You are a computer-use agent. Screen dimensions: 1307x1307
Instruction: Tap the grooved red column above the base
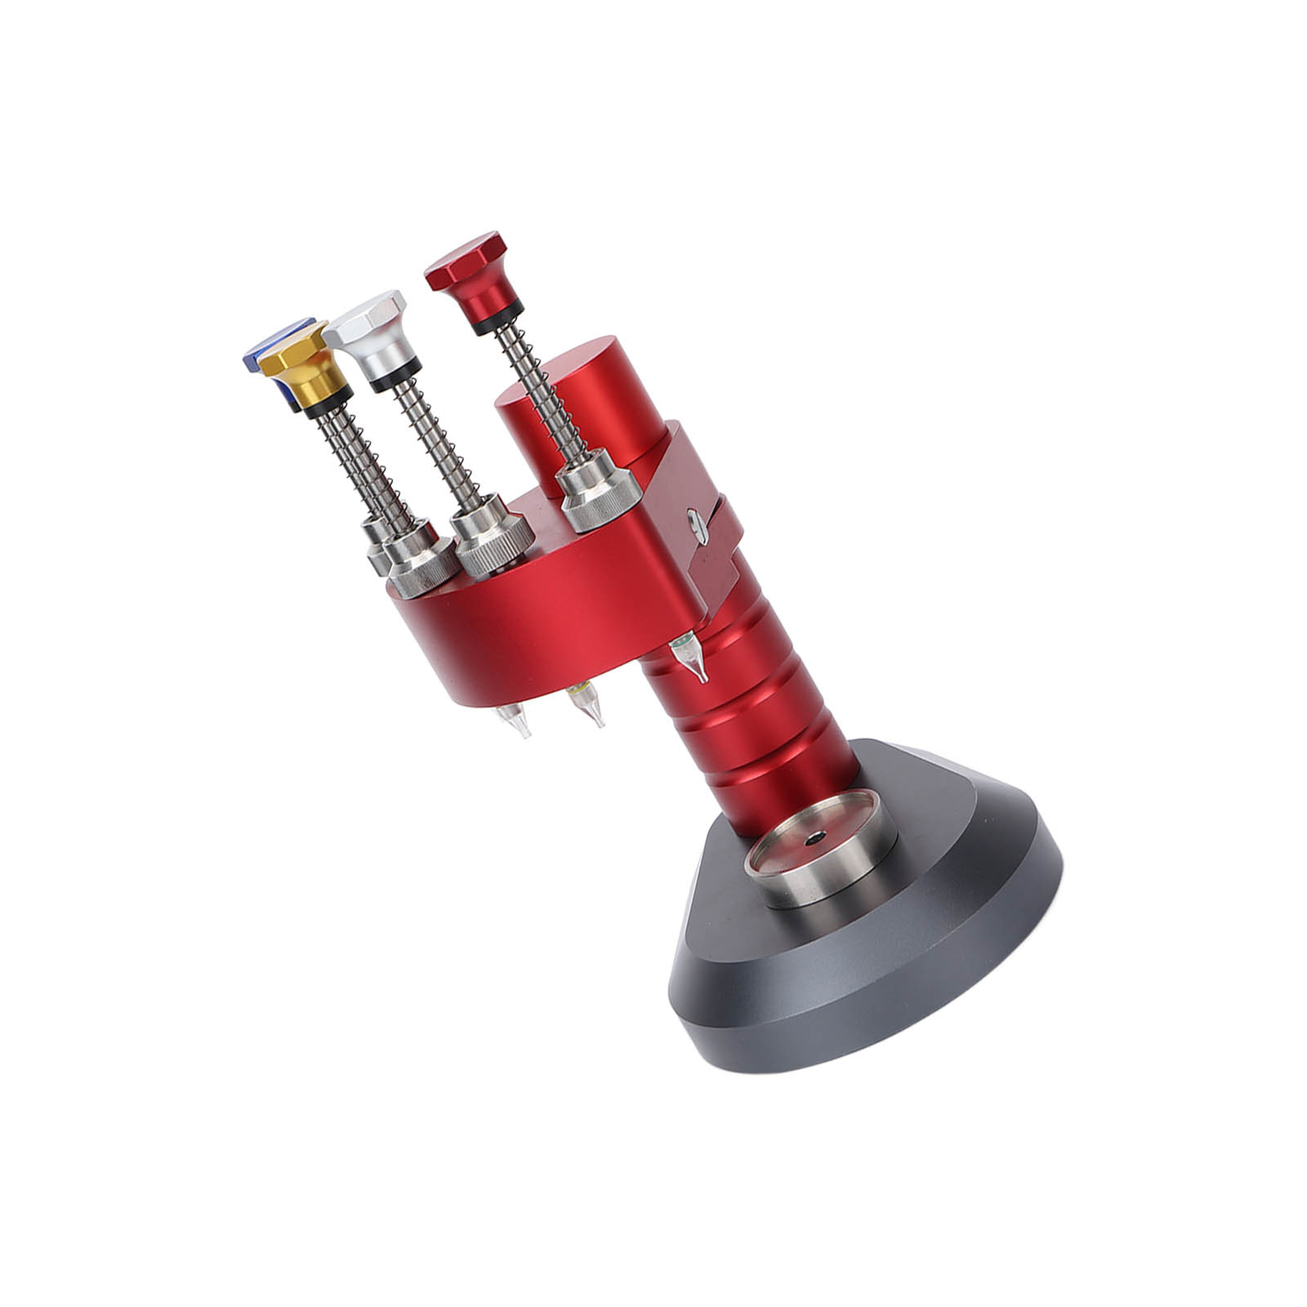pos(752,719)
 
